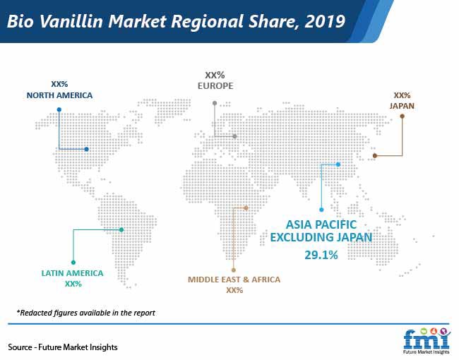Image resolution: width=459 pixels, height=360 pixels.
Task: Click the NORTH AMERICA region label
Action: click(x=59, y=95)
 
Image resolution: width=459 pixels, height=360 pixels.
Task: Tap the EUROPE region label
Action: click(x=215, y=85)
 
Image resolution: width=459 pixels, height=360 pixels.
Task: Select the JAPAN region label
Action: click(x=402, y=106)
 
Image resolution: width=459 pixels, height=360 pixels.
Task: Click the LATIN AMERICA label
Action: click(x=72, y=273)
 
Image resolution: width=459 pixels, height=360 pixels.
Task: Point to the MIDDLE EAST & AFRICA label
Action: click(x=234, y=280)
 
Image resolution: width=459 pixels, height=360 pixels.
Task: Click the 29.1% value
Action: click(x=321, y=255)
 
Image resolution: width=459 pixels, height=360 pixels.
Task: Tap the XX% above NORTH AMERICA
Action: click(x=59, y=84)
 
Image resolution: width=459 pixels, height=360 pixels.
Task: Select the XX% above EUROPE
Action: click(x=215, y=76)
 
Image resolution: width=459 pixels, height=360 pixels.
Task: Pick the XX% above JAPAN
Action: click(x=402, y=95)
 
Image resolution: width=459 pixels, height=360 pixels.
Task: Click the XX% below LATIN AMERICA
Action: click(x=73, y=284)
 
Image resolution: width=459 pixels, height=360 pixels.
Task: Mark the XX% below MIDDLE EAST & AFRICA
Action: click(x=234, y=290)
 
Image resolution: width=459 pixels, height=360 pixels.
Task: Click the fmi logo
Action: click(x=427, y=341)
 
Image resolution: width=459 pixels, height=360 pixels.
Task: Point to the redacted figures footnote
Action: click(x=85, y=313)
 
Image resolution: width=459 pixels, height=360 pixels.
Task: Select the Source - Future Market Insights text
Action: click(x=63, y=347)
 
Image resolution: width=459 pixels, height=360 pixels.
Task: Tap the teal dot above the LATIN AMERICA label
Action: click(x=73, y=263)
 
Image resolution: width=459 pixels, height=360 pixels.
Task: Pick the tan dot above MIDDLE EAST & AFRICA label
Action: click(x=233, y=270)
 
